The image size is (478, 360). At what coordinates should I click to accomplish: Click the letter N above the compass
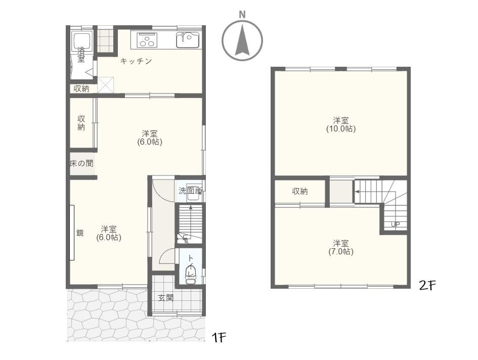click(242, 14)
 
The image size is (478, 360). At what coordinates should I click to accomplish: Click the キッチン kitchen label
click(136, 61)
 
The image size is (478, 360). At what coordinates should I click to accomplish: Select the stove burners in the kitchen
click(147, 40)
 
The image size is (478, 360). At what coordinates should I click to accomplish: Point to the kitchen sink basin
click(188, 40)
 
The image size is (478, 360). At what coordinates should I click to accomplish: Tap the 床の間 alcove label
click(81, 163)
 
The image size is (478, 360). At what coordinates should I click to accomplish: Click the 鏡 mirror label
click(80, 233)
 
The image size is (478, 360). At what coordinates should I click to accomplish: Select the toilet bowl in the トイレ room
click(190, 275)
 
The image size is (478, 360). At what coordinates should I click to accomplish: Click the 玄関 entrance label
click(165, 298)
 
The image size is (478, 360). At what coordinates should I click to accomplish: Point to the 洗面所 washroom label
click(190, 191)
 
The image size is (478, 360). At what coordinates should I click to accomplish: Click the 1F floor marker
click(219, 337)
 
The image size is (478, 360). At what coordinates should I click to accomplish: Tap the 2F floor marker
click(427, 285)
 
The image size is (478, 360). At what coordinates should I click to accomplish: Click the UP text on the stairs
click(395, 224)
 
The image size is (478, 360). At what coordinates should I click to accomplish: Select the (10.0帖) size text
click(341, 128)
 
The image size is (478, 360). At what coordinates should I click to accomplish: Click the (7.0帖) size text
click(341, 252)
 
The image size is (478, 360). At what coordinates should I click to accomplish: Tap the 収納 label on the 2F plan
click(299, 191)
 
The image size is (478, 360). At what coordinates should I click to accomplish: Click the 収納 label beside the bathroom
click(81, 88)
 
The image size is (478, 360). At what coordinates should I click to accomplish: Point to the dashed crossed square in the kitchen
click(106, 85)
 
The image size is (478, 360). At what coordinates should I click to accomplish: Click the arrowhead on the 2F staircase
click(357, 192)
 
